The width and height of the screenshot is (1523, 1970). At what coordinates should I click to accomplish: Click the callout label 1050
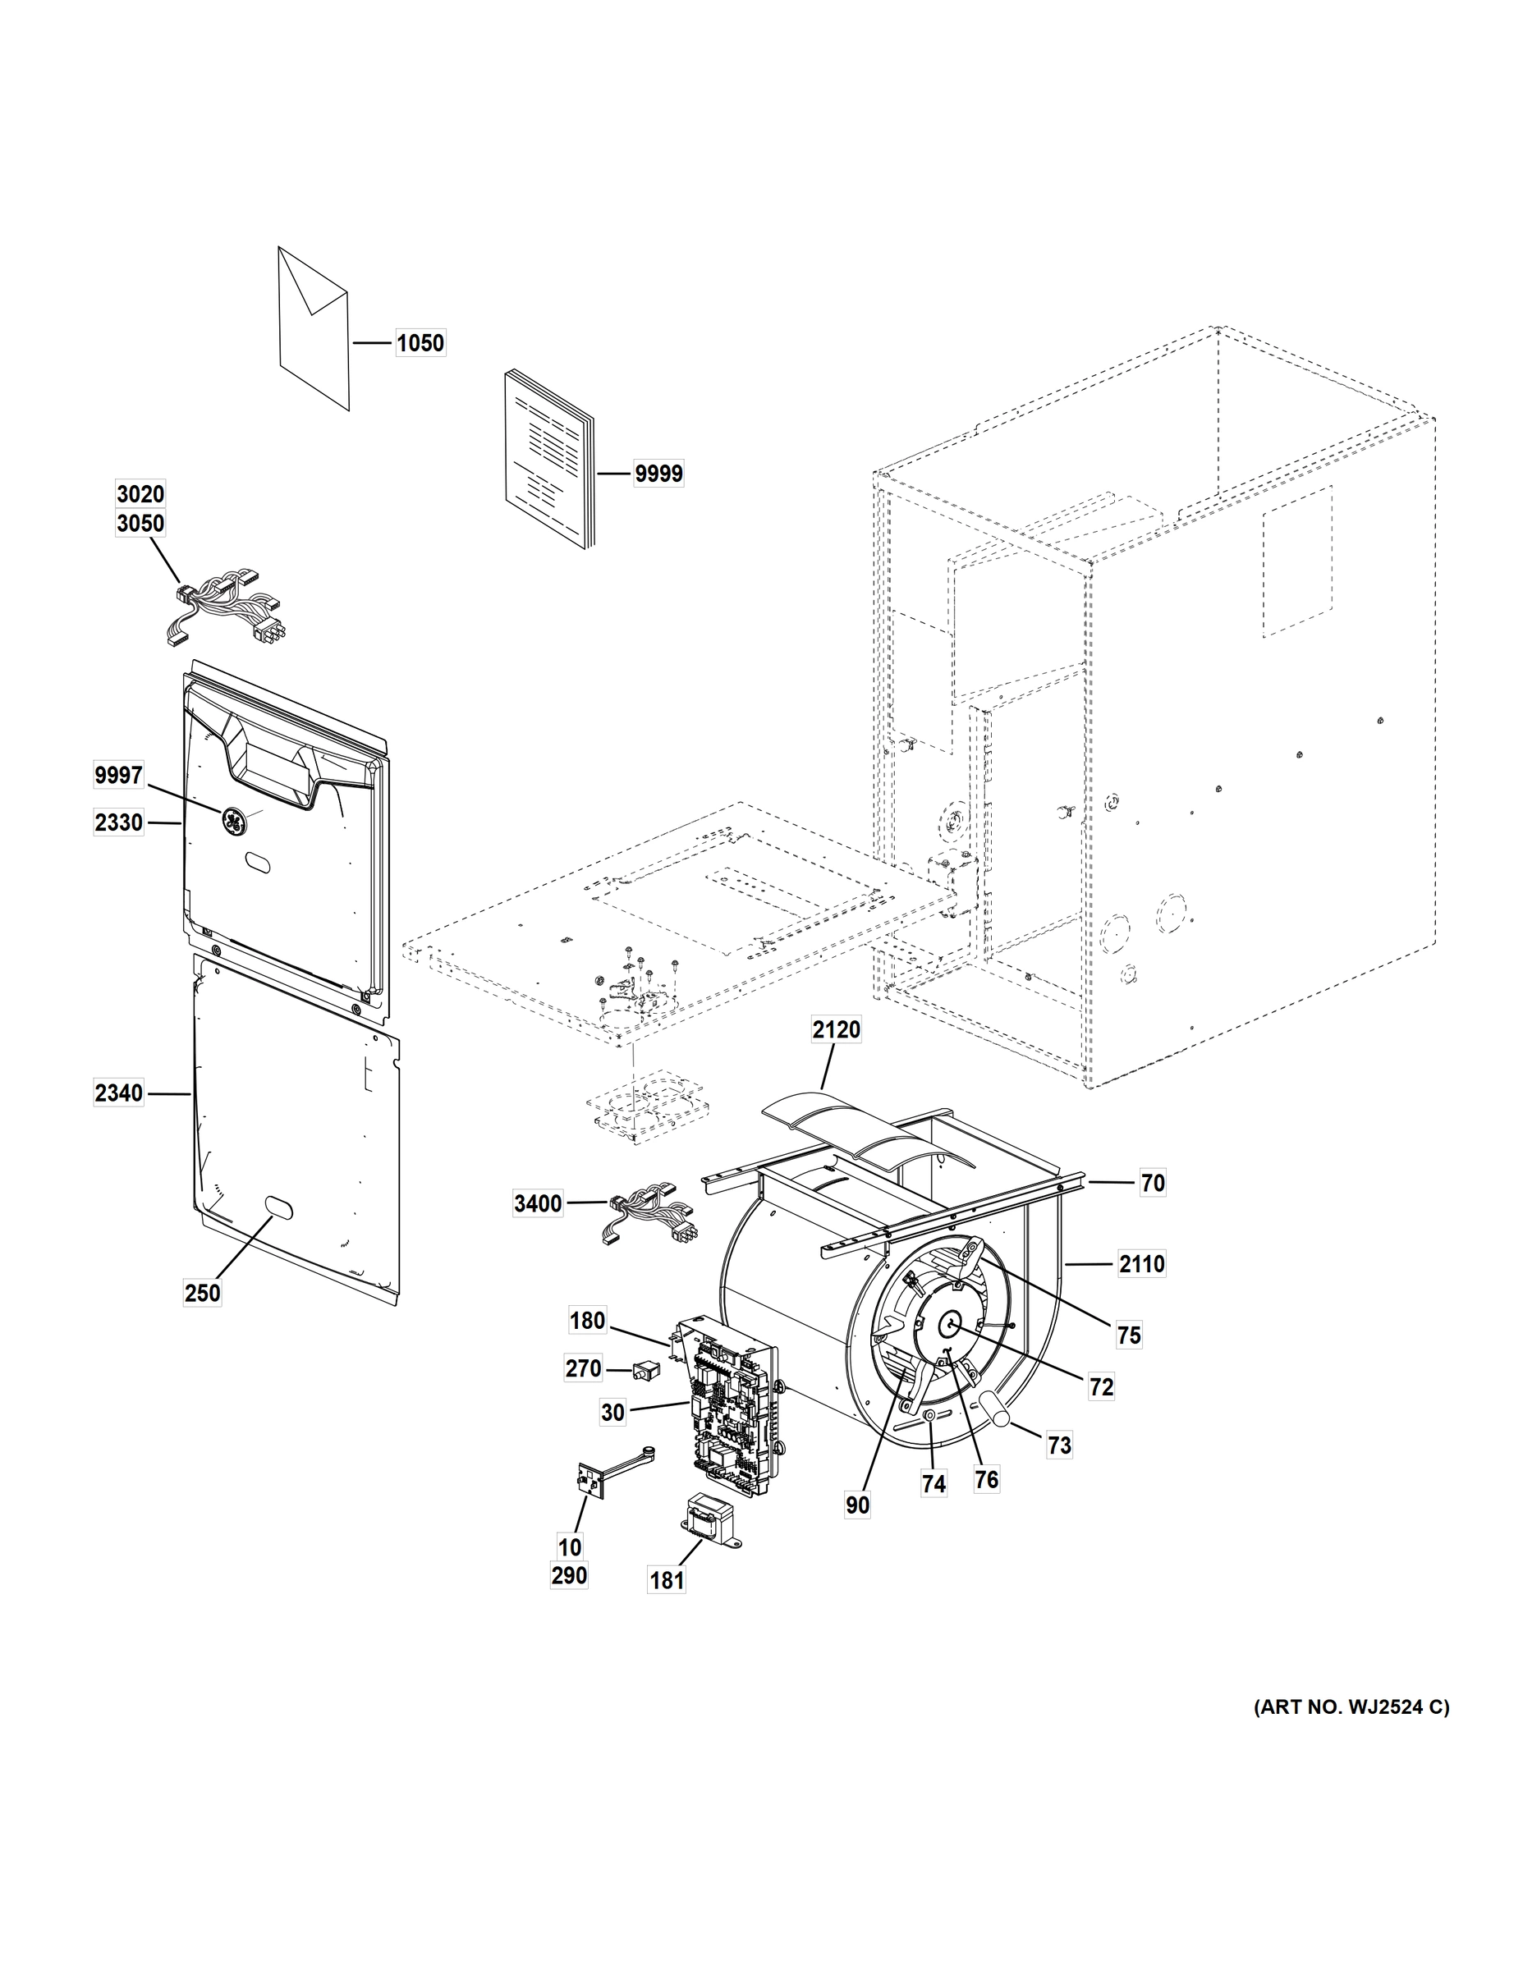420,343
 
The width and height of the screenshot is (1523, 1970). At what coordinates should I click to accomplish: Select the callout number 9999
658,473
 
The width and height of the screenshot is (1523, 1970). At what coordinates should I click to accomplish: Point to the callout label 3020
140,493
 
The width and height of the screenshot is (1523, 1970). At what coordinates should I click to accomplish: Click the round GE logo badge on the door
233,821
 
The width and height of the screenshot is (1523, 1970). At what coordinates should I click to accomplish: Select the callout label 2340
119,1093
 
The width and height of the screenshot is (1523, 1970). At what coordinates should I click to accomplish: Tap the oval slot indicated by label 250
275,1206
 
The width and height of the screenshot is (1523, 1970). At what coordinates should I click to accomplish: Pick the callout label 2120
836,1029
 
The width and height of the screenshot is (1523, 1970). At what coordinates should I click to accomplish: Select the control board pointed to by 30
732,1418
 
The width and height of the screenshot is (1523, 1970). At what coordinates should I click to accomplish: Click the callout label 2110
1141,1265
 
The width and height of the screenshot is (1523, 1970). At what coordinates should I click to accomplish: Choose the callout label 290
568,1575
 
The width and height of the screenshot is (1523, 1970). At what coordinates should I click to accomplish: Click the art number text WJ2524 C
1351,1707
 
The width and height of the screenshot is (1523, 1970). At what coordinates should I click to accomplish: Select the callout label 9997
119,775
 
